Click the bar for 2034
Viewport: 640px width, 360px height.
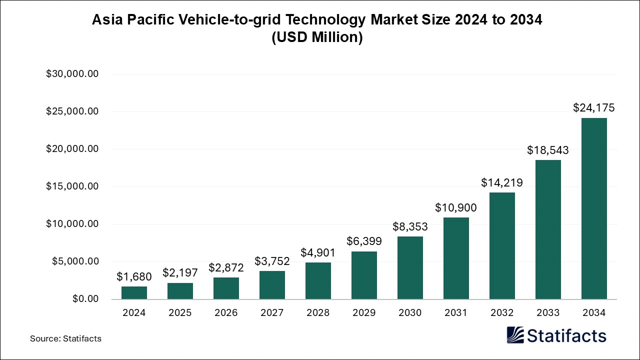(594, 208)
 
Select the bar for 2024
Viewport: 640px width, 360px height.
(134, 292)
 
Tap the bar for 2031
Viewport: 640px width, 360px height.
(456, 258)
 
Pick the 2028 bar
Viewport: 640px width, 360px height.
(318, 280)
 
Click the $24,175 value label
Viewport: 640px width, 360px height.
(594, 107)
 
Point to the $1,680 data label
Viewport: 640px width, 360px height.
(134, 276)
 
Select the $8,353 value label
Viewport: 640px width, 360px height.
(410, 226)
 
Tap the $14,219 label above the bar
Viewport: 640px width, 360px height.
(502, 182)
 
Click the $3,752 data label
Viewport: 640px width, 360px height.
(272, 261)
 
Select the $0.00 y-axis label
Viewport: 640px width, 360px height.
(85, 299)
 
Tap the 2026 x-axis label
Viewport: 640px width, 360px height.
(226, 313)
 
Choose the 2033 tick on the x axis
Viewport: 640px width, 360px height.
(548, 313)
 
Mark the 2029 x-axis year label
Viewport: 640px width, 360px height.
(364, 313)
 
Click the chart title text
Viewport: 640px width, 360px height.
(317, 20)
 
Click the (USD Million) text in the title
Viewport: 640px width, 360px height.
(317, 37)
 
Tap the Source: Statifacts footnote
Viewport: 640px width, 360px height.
(65, 338)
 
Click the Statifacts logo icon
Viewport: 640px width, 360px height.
(515, 335)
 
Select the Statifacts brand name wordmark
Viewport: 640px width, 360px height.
(566, 335)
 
